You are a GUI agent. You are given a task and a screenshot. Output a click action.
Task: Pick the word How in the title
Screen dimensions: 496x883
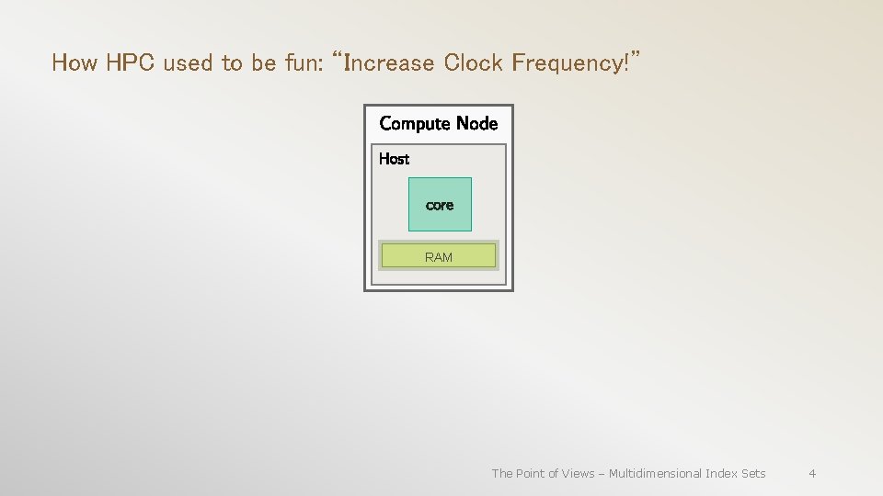(74, 63)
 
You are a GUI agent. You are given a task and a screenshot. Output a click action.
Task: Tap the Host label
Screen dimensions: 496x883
(394, 159)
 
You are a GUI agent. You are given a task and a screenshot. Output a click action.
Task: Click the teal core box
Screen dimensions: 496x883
(440, 204)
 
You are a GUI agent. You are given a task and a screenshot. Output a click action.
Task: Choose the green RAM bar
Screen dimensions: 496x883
(439, 256)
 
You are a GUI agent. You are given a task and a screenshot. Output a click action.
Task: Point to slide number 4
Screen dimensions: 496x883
(812, 473)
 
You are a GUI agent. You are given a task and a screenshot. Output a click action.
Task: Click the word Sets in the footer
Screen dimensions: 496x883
(753, 473)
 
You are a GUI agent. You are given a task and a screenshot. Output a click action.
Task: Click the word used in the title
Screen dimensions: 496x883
(188, 63)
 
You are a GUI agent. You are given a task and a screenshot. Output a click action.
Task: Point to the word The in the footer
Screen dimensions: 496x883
(502, 473)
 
